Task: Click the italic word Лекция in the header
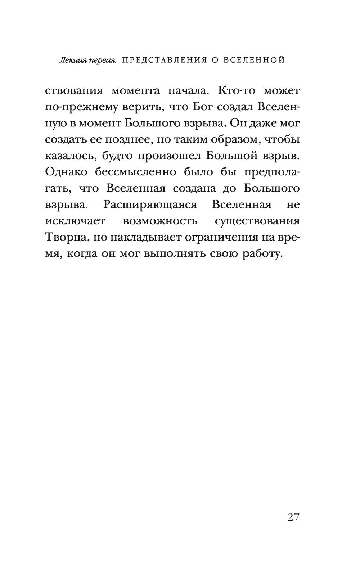(x=71, y=60)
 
